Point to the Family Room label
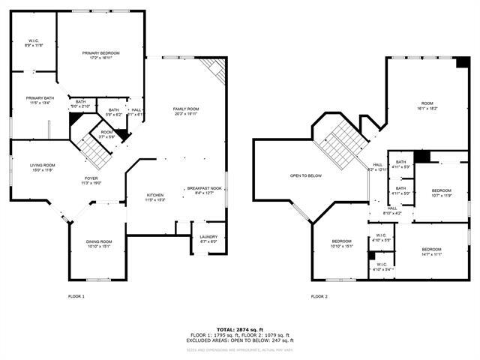(x=185, y=111)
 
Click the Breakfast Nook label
(x=204, y=190)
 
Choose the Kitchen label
(x=155, y=197)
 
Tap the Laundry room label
(x=208, y=238)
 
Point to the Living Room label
(x=42, y=167)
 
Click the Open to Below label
(x=306, y=176)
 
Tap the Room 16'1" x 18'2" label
(x=427, y=106)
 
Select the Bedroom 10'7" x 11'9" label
(x=441, y=193)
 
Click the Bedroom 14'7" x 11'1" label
(x=431, y=252)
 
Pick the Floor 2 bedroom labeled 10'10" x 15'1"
(x=342, y=243)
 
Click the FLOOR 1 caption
(x=76, y=296)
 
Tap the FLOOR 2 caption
(x=319, y=296)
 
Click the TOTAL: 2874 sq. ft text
(x=240, y=329)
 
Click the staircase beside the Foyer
(x=95, y=154)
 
